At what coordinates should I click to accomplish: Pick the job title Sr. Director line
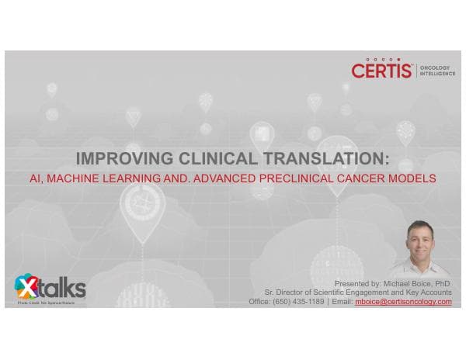click(357, 292)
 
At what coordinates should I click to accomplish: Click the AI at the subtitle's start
click(35, 178)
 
